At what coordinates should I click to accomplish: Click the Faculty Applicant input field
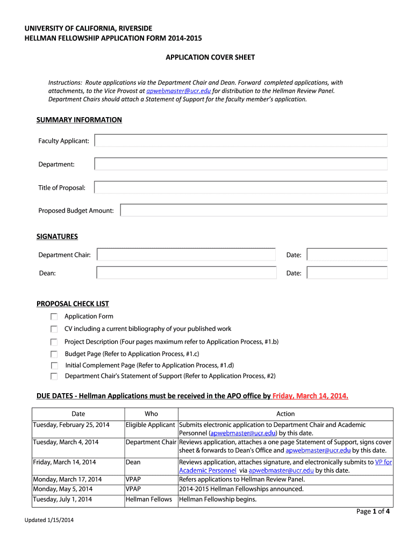241,141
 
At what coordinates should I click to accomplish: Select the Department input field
241,164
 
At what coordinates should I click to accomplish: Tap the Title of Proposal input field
241,187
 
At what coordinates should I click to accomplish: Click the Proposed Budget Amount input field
254,210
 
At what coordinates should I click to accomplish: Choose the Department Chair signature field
186,255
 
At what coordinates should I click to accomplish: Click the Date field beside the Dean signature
347,273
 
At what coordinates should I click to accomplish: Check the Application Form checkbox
54,317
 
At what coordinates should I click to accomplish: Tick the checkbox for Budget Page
54,354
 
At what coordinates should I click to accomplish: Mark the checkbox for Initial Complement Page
54,365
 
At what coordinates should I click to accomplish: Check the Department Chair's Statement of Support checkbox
54,377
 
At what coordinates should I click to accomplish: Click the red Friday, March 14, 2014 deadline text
310,396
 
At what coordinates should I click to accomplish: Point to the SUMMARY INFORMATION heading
79,120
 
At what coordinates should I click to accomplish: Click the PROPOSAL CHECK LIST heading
73,304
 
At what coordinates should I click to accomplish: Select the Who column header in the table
152,414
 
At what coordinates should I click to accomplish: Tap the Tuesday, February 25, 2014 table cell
72,425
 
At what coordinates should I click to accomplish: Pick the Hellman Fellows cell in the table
149,500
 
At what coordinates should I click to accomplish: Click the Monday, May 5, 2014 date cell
63,489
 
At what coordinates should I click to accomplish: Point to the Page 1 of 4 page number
373,511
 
